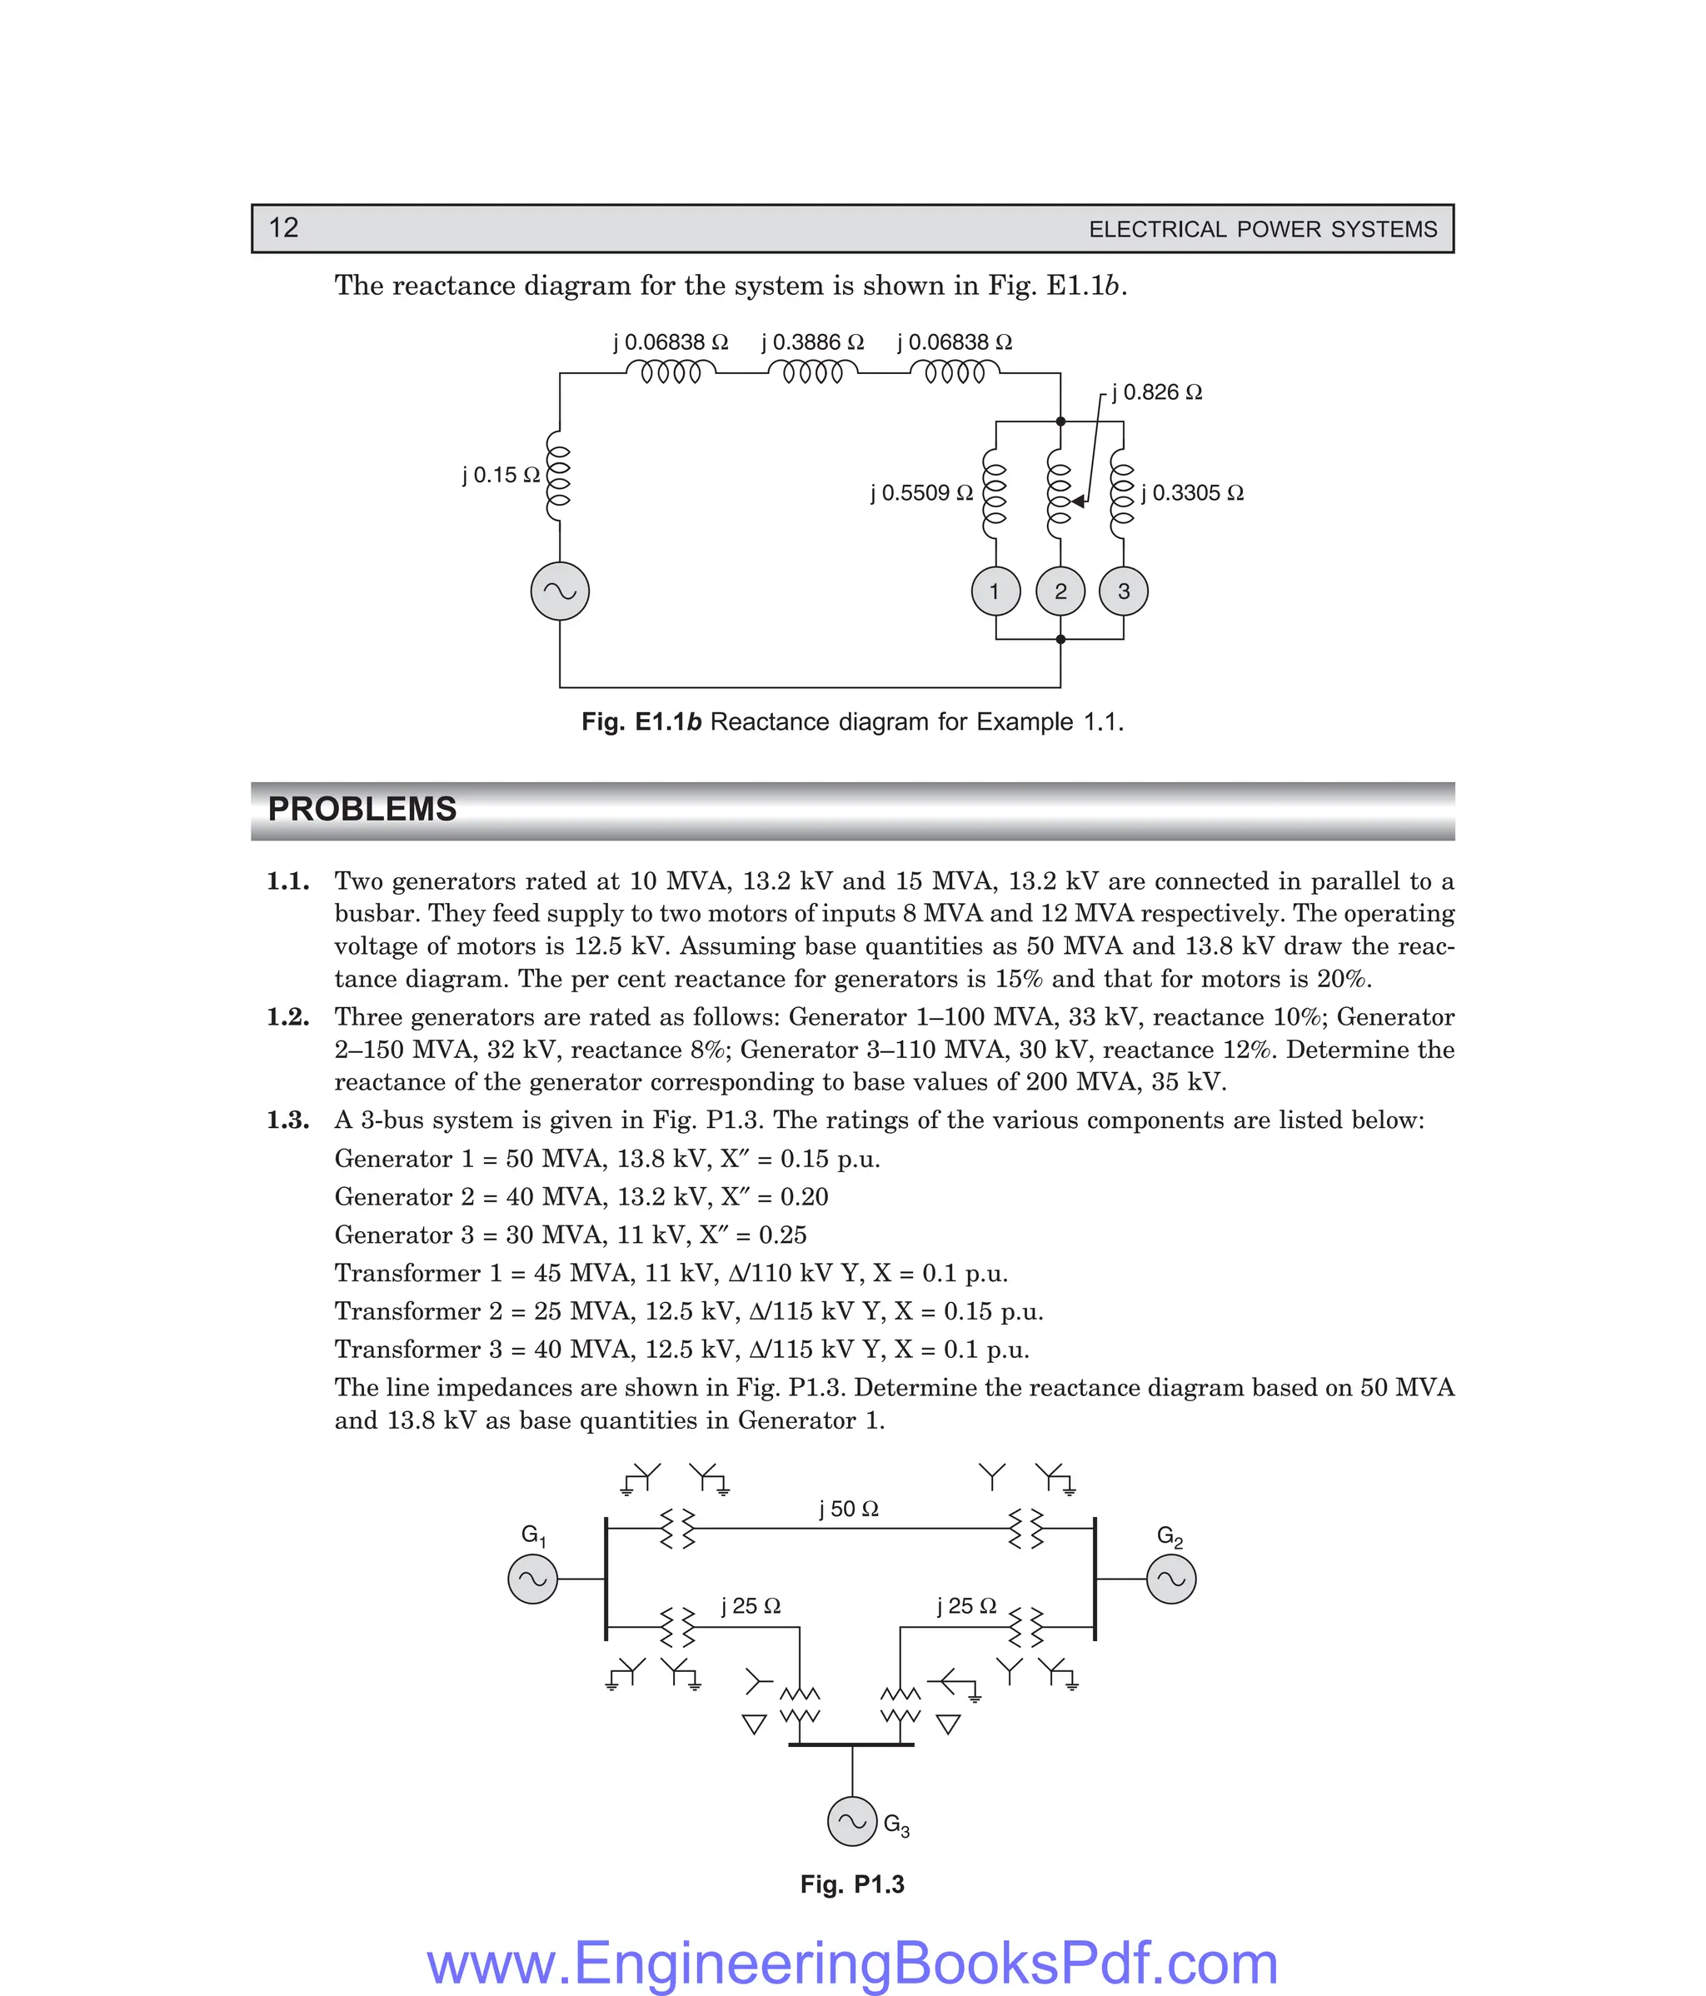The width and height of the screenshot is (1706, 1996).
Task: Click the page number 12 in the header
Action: pyautogui.click(x=283, y=227)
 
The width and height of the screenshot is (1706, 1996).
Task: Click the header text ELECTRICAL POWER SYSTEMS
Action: pyautogui.click(x=1262, y=229)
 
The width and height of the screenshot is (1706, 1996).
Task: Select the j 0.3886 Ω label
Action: pyautogui.click(x=812, y=342)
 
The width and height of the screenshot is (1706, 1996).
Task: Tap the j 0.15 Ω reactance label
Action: pyautogui.click(x=501, y=475)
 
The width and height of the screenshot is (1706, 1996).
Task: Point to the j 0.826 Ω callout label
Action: pyautogui.click(x=1156, y=392)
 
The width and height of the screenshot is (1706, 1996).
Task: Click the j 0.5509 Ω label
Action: pyautogui.click(x=922, y=493)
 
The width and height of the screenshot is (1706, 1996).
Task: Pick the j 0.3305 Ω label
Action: pyautogui.click(x=1193, y=493)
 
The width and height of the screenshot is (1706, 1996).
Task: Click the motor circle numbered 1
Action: pyautogui.click(x=995, y=591)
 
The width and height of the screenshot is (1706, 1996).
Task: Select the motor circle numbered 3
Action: pyautogui.click(x=1123, y=591)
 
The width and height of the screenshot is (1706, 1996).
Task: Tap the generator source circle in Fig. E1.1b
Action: pyautogui.click(x=560, y=591)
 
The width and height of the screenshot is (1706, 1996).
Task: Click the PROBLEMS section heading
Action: pyautogui.click(x=362, y=809)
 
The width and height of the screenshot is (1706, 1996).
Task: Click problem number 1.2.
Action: pyautogui.click(x=287, y=1017)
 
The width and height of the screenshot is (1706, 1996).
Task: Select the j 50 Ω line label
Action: pyautogui.click(x=849, y=1509)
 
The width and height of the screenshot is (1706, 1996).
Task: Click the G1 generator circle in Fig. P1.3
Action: pyautogui.click(x=532, y=1579)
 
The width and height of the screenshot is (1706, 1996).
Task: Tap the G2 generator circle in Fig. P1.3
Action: pyautogui.click(x=1170, y=1579)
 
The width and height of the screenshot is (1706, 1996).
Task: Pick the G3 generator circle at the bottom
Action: pyautogui.click(x=851, y=1821)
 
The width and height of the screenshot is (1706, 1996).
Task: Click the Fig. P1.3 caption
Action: pyautogui.click(x=851, y=1884)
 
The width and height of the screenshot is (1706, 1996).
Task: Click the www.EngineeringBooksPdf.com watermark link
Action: pyautogui.click(x=851, y=1963)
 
